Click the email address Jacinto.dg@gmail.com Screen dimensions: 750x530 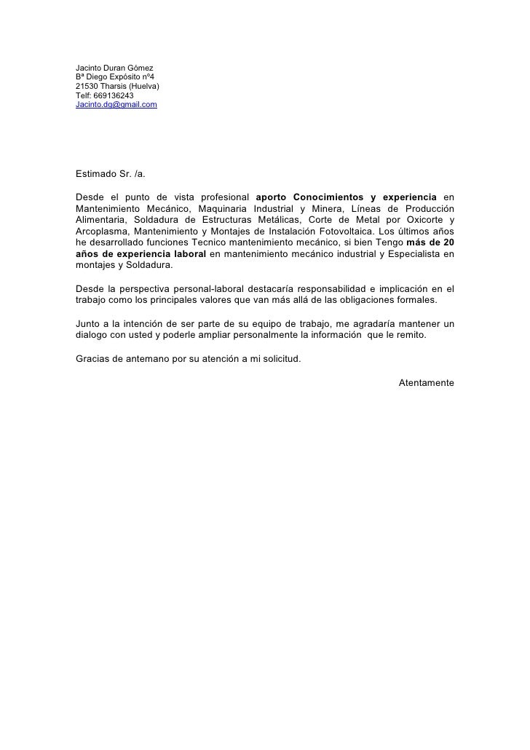click(x=116, y=106)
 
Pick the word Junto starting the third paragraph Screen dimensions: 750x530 click(x=87, y=323)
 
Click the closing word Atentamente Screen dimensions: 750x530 click(x=427, y=383)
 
